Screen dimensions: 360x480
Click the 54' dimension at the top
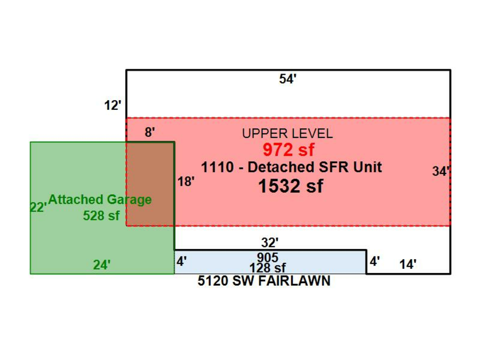[x=287, y=79]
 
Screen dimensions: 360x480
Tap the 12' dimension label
[x=113, y=106]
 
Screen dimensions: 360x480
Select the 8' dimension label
[x=150, y=132]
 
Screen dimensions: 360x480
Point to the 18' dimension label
[x=186, y=181]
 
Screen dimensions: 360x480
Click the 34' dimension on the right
[x=441, y=172]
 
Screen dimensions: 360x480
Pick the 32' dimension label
[x=270, y=243]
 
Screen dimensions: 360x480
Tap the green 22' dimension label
[x=38, y=207]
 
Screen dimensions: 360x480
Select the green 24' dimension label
[x=102, y=265]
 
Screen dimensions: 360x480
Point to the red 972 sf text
[x=288, y=150]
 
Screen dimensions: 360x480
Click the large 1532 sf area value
[x=291, y=186]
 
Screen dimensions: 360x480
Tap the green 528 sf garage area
[x=101, y=216]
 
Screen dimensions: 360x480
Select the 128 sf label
[x=268, y=268]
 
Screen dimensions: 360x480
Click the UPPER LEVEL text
[x=287, y=134]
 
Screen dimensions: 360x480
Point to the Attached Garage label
[x=100, y=200]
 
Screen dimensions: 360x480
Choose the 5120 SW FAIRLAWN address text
[x=264, y=281]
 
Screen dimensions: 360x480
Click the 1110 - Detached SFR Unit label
[x=291, y=167]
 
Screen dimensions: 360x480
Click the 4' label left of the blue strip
[x=181, y=262]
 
